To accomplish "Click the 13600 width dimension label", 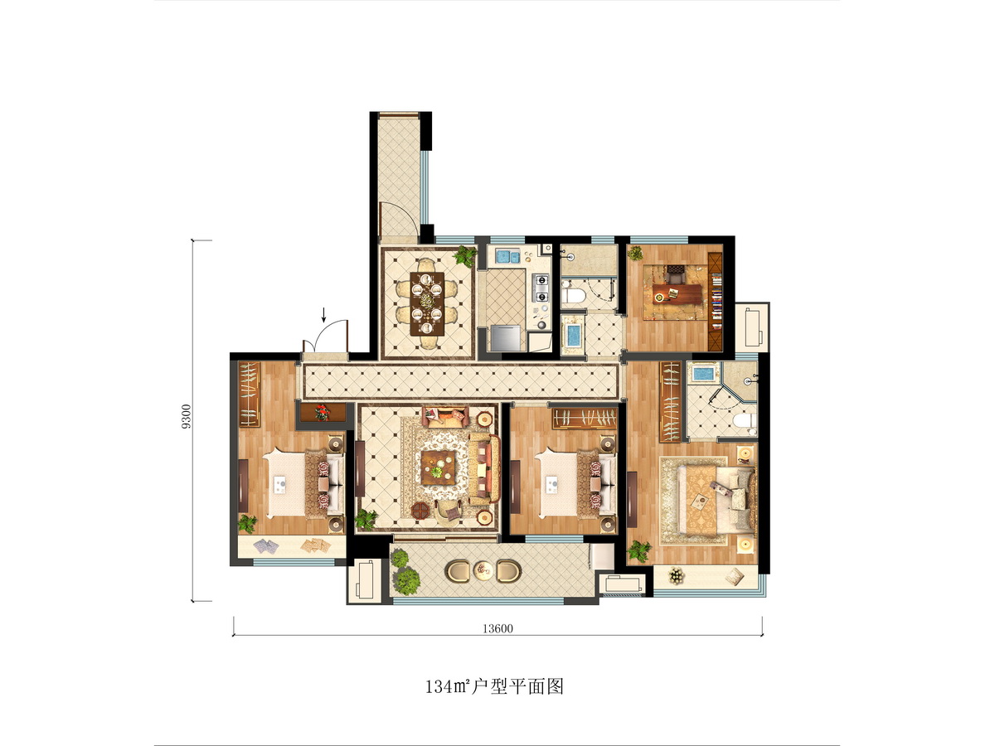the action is [x=498, y=628].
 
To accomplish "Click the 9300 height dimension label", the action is [x=187, y=416].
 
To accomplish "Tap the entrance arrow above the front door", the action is [x=323, y=315].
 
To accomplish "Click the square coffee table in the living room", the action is [x=438, y=467].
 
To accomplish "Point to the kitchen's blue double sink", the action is [x=507, y=257].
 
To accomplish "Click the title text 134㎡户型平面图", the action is [x=494, y=687].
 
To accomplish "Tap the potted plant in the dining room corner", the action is [x=465, y=256].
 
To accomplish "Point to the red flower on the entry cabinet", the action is [x=322, y=413].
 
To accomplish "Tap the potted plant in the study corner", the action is [x=635, y=253].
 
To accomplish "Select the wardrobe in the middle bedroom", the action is [x=584, y=419].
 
